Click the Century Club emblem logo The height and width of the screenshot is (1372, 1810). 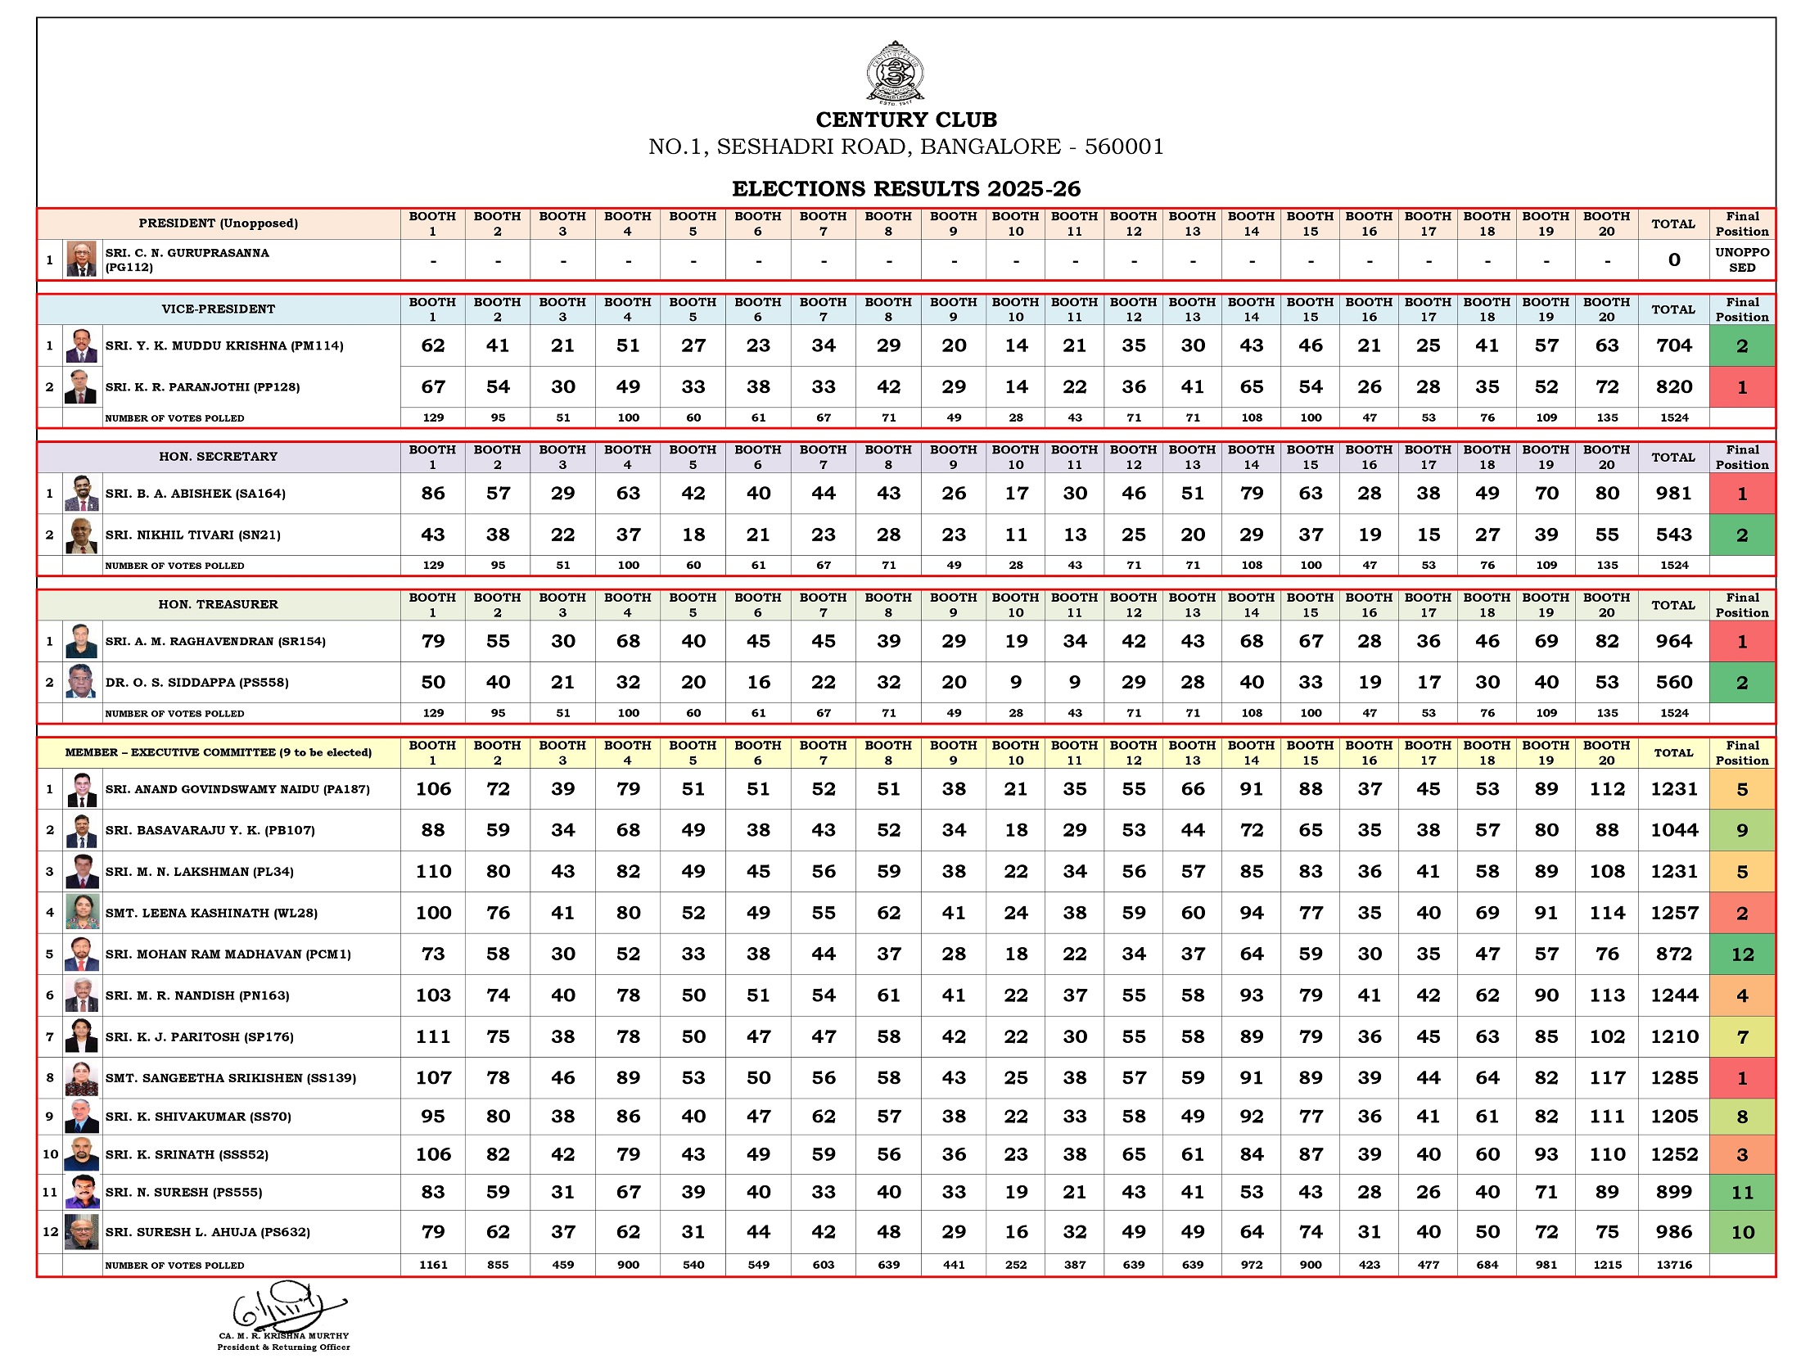[895, 72]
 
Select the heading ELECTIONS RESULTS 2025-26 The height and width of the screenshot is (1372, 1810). [905, 189]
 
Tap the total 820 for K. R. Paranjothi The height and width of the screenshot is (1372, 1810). [1673, 387]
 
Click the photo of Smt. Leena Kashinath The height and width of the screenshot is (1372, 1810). [82, 913]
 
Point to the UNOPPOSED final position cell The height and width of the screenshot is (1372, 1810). [1741, 260]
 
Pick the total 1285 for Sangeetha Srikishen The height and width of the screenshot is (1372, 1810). [1673, 1078]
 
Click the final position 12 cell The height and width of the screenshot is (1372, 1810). [1741, 955]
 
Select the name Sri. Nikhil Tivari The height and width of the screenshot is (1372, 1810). [193, 535]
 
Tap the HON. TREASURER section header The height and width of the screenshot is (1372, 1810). [218, 605]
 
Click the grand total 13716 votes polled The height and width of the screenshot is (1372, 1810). [1673, 1265]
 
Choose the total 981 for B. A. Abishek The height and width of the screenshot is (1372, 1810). [1673, 494]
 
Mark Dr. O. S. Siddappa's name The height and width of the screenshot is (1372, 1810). [196, 683]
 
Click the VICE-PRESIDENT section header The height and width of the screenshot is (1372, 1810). [218, 309]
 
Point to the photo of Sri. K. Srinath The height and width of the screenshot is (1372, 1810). [82, 1154]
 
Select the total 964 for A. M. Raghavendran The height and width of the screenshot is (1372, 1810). [1673, 642]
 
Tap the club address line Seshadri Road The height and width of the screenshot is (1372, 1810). [905, 147]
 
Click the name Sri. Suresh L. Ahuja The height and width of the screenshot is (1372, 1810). [207, 1232]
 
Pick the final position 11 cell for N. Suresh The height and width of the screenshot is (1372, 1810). [1741, 1193]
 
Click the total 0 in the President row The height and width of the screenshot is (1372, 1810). [1673, 260]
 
